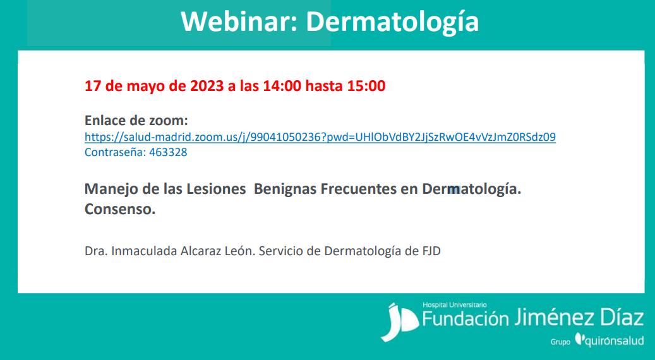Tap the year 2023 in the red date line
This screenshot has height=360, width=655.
pos(207,86)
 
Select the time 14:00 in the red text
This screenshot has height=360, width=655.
pos(282,86)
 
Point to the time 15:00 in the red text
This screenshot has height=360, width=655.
pos(366,86)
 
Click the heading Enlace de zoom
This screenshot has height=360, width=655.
pos(136,120)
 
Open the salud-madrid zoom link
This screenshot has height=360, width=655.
pos(320,137)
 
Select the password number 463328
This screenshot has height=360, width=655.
pos(168,152)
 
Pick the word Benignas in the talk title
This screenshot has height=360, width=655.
pos(285,189)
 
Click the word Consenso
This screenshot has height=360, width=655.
pos(120,209)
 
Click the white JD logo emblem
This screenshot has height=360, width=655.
pos(399,322)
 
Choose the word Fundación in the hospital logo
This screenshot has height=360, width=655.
pos(466,318)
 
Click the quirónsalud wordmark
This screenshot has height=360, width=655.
pos(610,340)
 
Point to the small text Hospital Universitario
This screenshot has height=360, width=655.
pos(455,305)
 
